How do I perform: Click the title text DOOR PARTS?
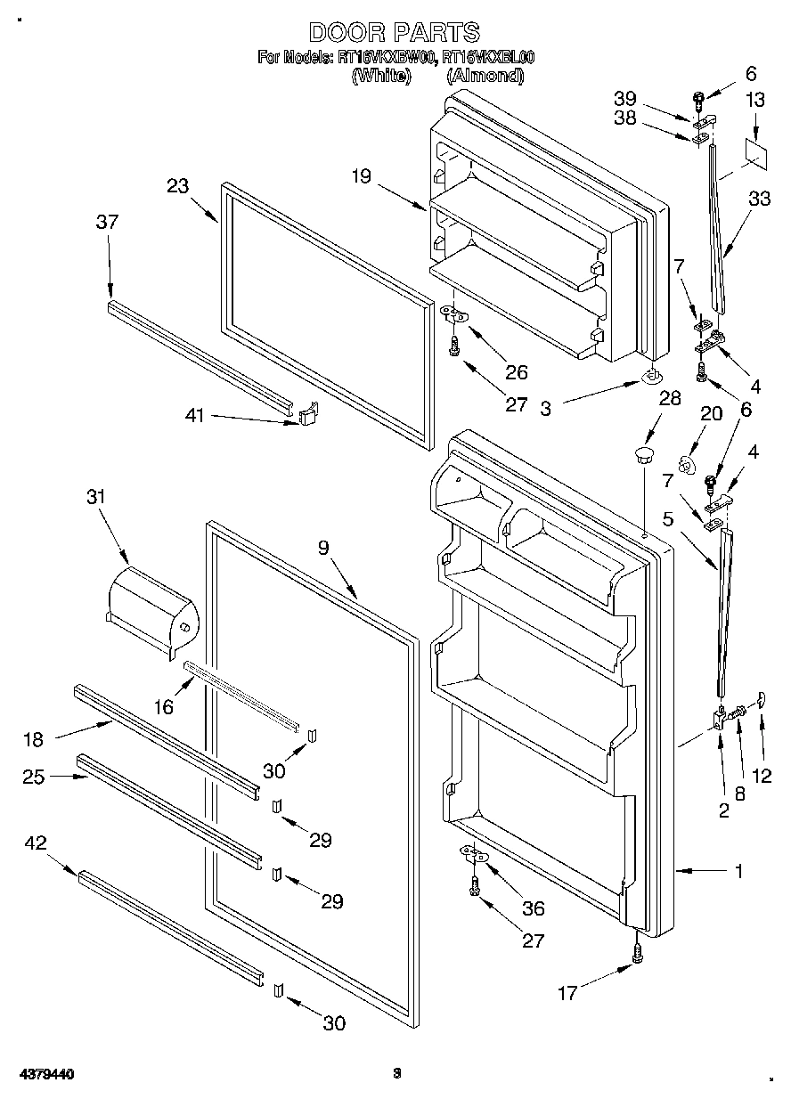pos(394,33)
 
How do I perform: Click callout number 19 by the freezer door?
pos(360,176)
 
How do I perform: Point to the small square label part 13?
pos(755,152)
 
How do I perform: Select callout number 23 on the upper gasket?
pos(178,186)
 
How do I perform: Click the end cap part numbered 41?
pos(308,414)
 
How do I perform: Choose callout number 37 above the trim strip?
pos(107,223)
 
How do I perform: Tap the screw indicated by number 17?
pos(638,954)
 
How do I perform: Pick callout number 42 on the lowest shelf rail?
pos(37,843)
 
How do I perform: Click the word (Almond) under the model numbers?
pos(484,76)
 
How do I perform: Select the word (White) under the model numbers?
pos(381,76)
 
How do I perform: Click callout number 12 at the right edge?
pos(762,775)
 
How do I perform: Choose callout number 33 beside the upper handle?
pos(760,199)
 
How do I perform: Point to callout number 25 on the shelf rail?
pos(34,776)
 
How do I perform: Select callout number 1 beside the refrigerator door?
pos(738,872)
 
